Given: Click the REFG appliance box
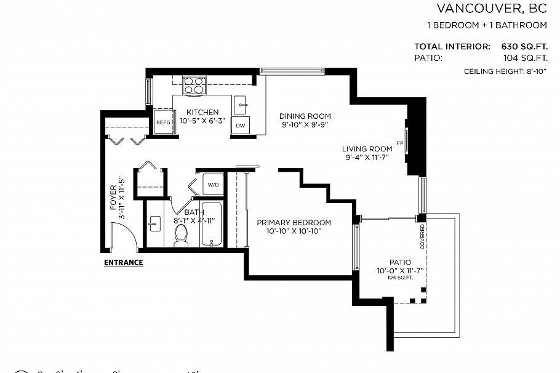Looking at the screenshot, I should (163, 122).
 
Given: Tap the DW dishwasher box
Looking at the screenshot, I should (240, 126).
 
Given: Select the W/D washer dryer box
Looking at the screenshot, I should (213, 184).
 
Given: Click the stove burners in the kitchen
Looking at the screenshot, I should (194, 83).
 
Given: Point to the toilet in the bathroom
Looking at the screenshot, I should (181, 235).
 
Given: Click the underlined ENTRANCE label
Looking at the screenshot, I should (123, 263).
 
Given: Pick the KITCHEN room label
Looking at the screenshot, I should (202, 112).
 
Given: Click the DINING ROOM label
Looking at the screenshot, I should (305, 116).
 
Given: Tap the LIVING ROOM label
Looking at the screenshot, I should (367, 148).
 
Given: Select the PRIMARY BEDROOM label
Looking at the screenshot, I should (294, 222).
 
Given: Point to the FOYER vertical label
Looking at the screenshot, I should (113, 197).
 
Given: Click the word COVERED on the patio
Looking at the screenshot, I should (422, 236).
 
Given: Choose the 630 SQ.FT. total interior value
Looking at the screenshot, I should (521, 46).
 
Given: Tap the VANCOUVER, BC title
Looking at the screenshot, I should (492, 9).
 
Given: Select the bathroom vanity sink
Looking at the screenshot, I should (154, 223).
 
